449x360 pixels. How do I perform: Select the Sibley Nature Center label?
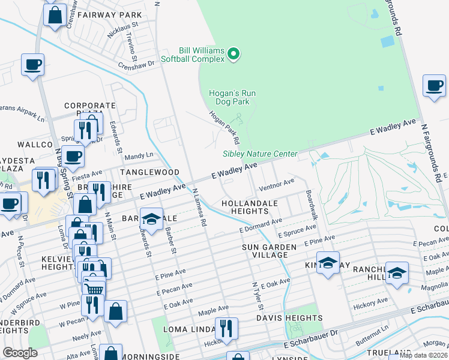[x=260, y=154]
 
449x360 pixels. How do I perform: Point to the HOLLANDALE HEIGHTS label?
[x=249, y=207]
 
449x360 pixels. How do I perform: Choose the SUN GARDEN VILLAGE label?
[x=269, y=251]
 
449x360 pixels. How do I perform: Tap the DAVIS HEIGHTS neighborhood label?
[x=289, y=317]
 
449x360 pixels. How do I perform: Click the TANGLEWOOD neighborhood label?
[x=149, y=172]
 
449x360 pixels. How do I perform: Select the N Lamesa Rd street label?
[x=200, y=208]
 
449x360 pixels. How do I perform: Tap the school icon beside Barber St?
[x=152, y=218]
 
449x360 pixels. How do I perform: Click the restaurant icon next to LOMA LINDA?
[x=226, y=328]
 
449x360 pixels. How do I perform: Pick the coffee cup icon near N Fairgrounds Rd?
[x=433, y=85]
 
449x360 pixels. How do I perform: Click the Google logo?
[x=20, y=353]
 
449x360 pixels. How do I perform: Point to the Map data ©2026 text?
[x=423, y=355]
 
